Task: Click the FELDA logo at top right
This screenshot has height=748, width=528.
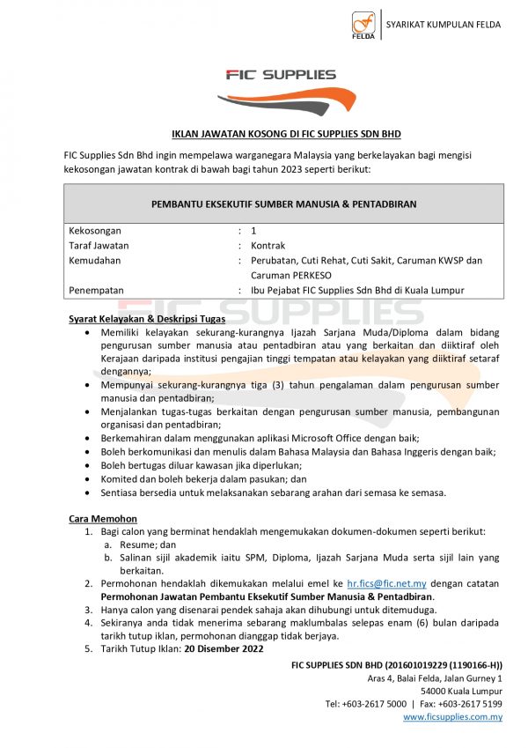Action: pos(363,26)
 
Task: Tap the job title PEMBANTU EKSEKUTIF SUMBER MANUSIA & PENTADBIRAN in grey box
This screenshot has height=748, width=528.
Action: pos(284,204)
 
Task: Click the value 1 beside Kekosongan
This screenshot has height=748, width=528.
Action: pos(254,231)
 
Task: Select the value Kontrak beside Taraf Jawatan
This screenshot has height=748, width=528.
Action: pos(268,246)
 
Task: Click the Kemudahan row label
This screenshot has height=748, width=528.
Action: pos(95,261)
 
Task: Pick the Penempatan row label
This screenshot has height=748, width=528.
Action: pos(97,290)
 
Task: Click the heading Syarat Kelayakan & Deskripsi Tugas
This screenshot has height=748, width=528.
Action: pos(146,319)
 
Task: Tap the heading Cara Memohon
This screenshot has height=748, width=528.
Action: pos(102,519)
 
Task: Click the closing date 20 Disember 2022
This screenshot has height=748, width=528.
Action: pos(224,648)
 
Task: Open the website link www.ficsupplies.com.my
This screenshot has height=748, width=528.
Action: pos(452,717)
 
